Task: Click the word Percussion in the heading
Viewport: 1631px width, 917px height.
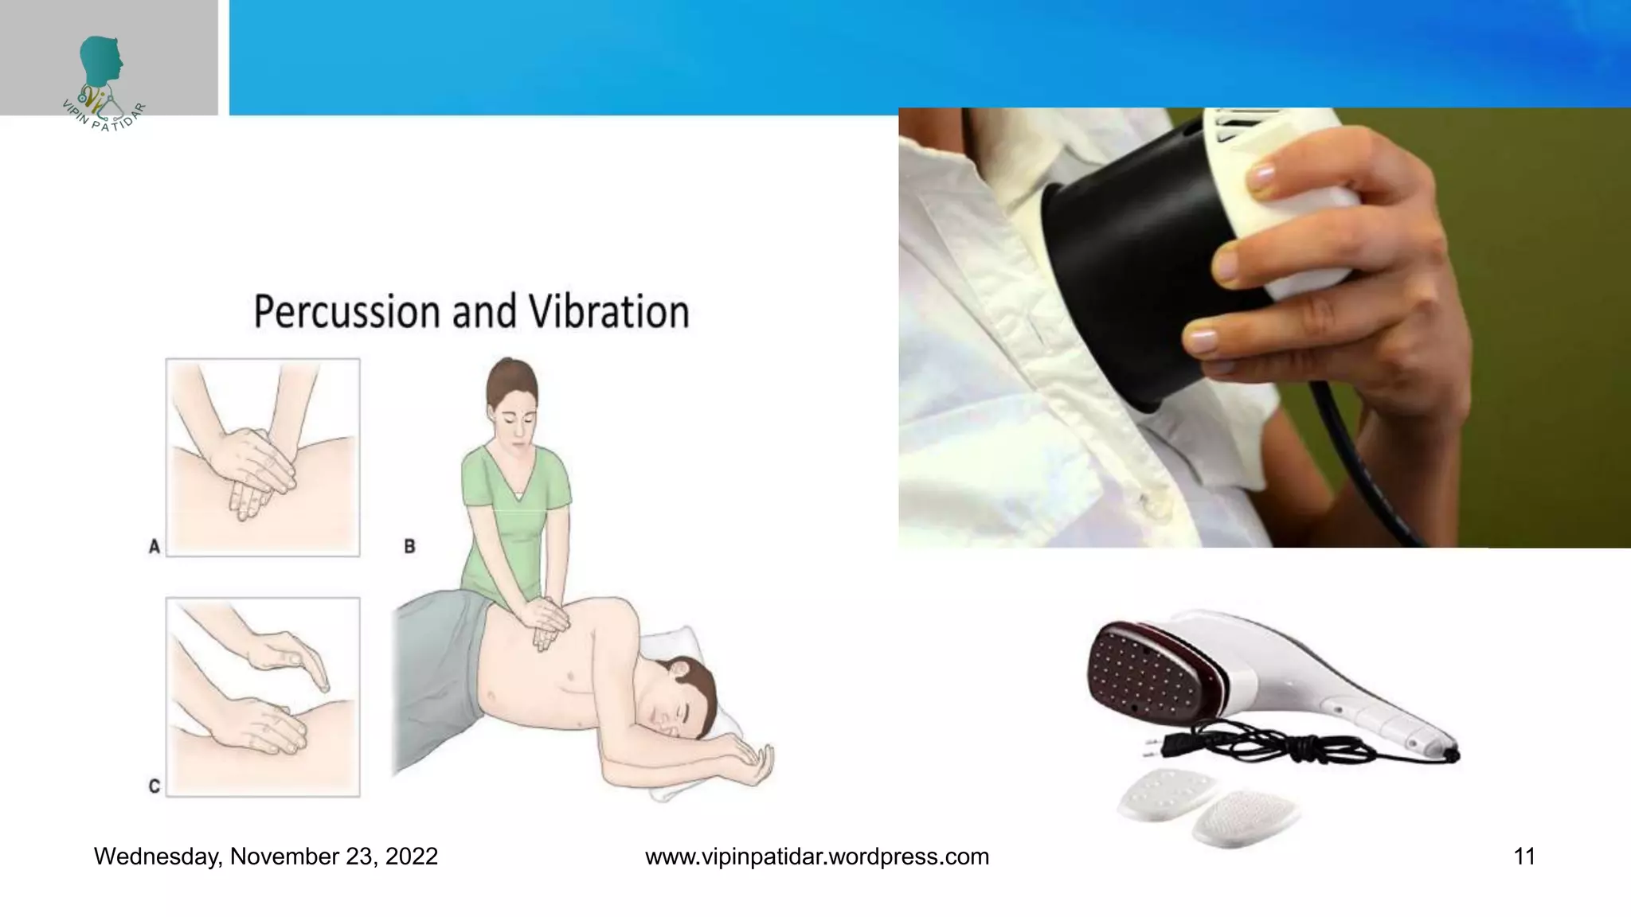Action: [346, 311]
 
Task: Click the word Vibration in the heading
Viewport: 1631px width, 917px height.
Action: [609, 311]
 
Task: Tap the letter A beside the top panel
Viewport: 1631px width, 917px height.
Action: [154, 547]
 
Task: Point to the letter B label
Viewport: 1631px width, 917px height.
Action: [409, 547]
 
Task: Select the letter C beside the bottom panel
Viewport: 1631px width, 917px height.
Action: [154, 786]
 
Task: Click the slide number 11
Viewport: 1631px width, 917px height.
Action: [1523, 857]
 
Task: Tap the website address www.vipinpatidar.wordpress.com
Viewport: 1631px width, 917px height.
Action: [817, 857]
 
